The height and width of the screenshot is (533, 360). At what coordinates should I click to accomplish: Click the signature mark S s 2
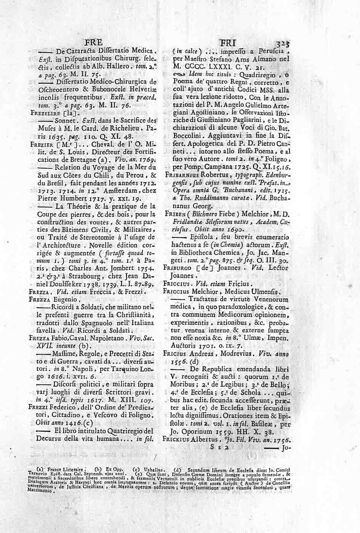point(219,448)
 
